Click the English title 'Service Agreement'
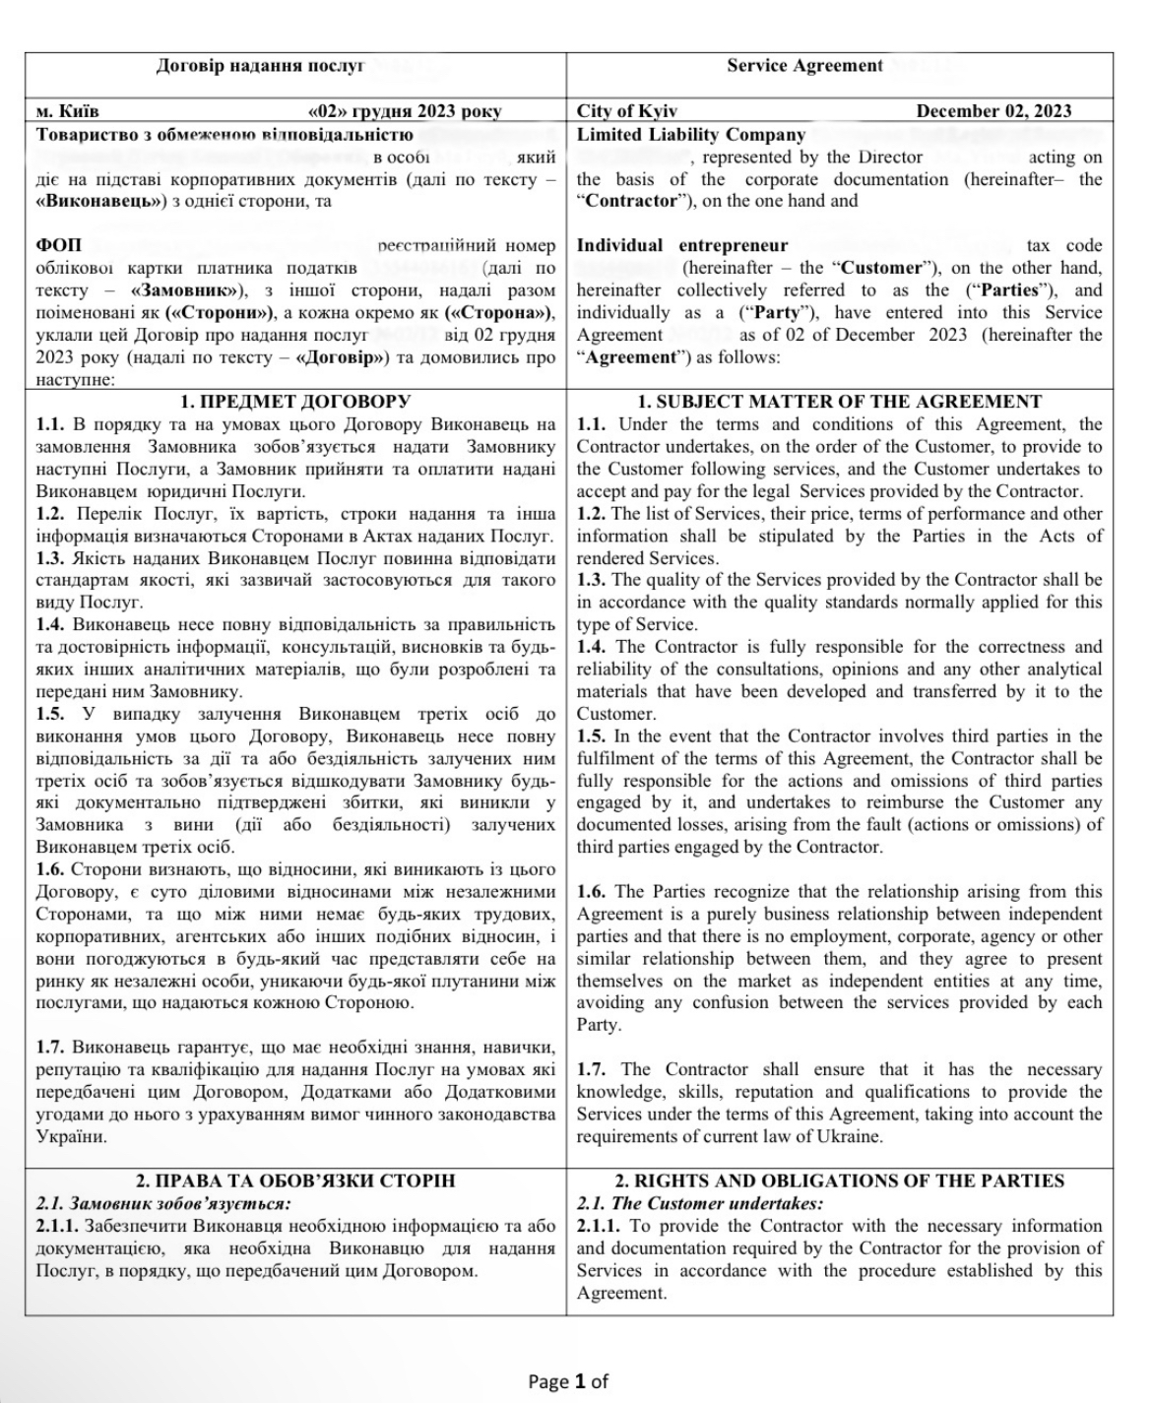click(x=804, y=66)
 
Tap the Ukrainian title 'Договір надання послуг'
click(x=260, y=66)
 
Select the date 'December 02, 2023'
click(x=993, y=111)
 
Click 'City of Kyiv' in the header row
click(x=627, y=111)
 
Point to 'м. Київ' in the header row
click(x=67, y=111)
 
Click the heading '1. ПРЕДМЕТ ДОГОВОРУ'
click(x=295, y=402)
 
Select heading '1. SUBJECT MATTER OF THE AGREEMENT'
click(x=839, y=402)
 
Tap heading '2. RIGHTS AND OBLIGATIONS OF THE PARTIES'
click(x=839, y=1180)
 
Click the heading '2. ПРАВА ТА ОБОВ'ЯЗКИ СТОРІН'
click(x=295, y=1180)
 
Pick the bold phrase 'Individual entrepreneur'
click(x=682, y=245)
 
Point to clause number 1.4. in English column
click(x=593, y=647)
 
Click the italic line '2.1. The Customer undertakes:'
click(x=699, y=1203)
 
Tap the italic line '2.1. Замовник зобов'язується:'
click(x=163, y=1203)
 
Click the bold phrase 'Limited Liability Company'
click(x=691, y=135)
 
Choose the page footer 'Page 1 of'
click(x=568, y=1381)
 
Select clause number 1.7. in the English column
click(x=593, y=1069)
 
